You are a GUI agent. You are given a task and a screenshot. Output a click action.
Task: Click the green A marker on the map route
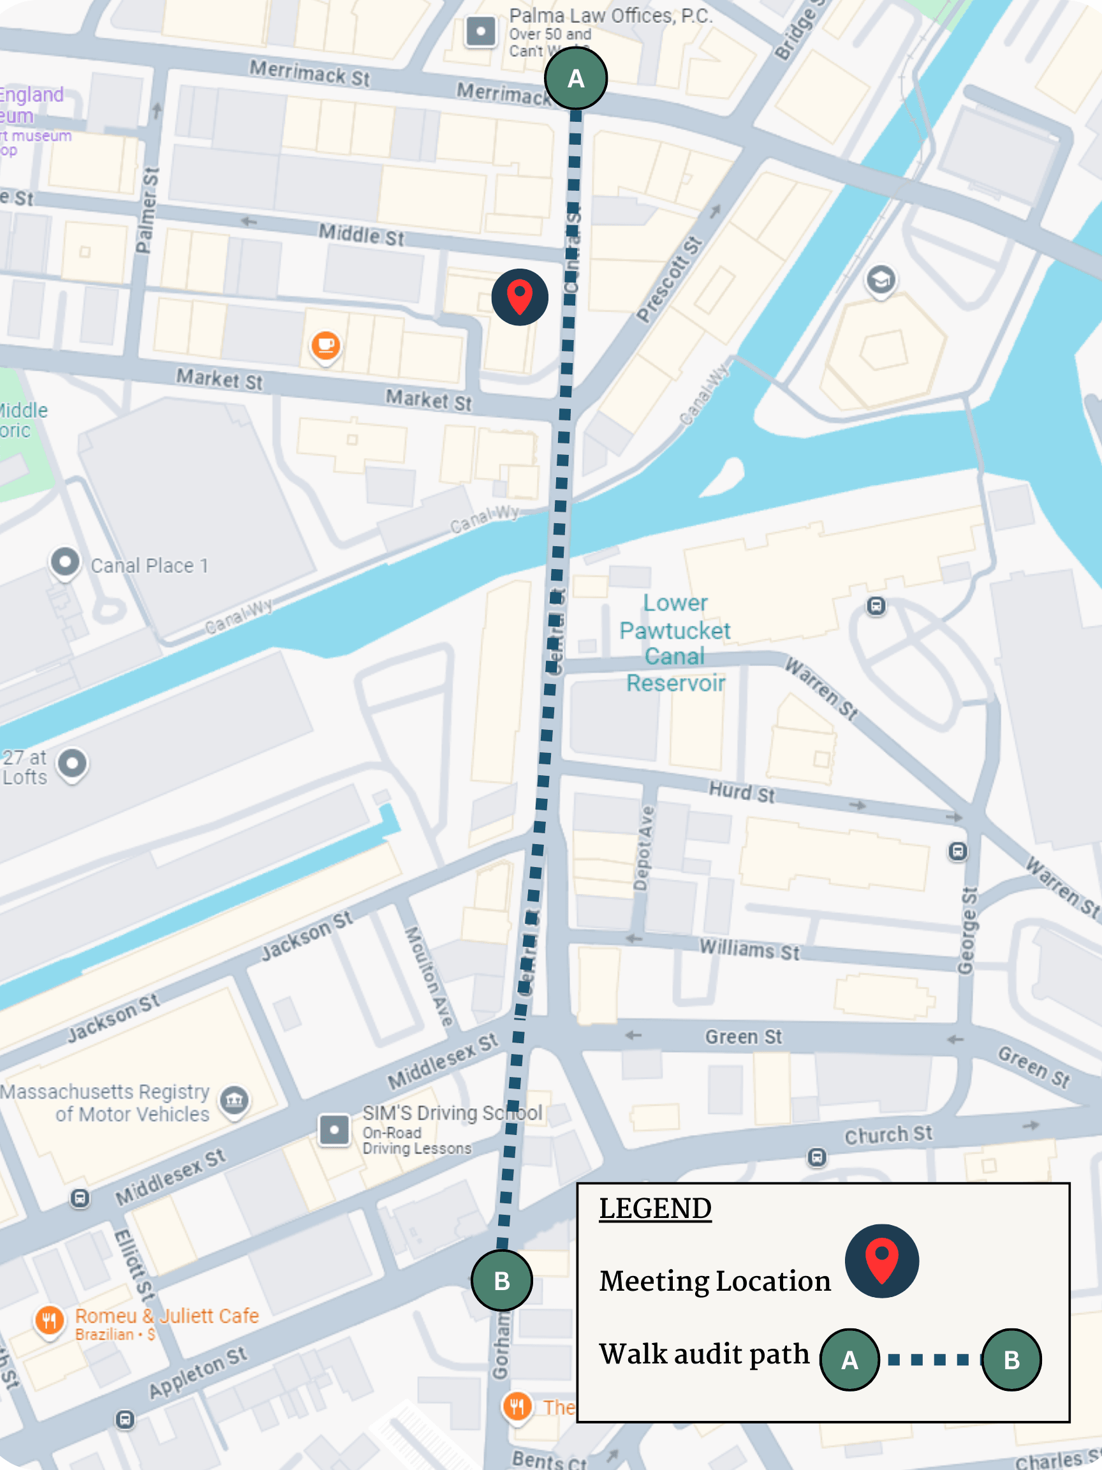[575, 78]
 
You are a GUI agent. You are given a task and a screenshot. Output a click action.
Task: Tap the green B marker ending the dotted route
[501, 1280]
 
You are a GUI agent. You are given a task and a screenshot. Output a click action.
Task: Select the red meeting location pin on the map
[520, 297]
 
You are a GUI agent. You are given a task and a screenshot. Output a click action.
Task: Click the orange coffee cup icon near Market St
[325, 345]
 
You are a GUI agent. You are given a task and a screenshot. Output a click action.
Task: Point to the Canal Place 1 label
[149, 565]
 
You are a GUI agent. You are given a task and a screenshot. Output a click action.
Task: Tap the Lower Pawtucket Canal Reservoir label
[675, 642]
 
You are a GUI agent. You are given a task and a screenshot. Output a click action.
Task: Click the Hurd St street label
[741, 792]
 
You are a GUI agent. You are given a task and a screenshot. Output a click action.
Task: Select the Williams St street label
[749, 949]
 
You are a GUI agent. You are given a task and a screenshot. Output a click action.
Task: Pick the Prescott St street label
[669, 278]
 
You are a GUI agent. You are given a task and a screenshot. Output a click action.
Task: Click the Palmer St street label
[147, 210]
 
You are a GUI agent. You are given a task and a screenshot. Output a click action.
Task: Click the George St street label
[968, 930]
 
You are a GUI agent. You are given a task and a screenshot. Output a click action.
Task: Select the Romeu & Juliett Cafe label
[166, 1316]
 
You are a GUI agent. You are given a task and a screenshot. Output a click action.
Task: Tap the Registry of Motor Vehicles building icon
[235, 1101]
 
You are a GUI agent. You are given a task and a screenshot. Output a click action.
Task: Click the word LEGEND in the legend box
[655, 1209]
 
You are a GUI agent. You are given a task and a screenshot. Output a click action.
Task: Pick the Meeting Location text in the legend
[715, 1281]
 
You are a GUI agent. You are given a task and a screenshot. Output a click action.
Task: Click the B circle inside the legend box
[1011, 1360]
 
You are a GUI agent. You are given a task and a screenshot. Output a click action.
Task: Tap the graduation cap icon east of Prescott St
[881, 280]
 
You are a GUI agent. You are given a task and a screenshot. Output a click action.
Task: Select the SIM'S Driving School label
[452, 1113]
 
